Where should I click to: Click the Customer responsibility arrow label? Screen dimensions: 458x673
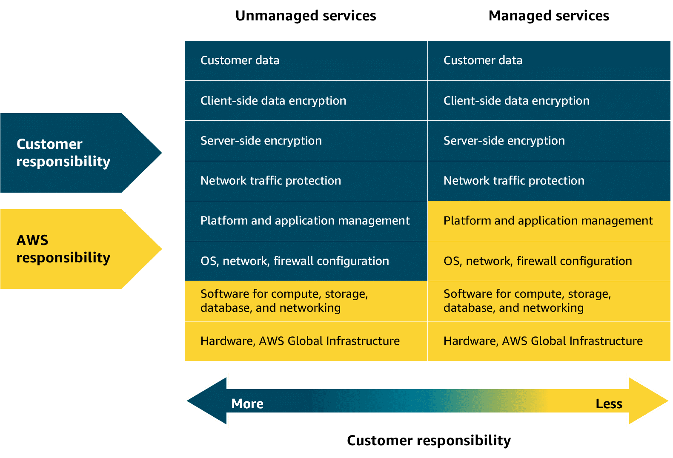tap(64, 153)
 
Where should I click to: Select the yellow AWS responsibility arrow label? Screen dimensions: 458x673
tap(64, 249)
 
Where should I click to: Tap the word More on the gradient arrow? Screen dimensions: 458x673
tap(247, 404)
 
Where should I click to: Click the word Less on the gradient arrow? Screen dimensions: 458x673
tap(609, 404)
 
